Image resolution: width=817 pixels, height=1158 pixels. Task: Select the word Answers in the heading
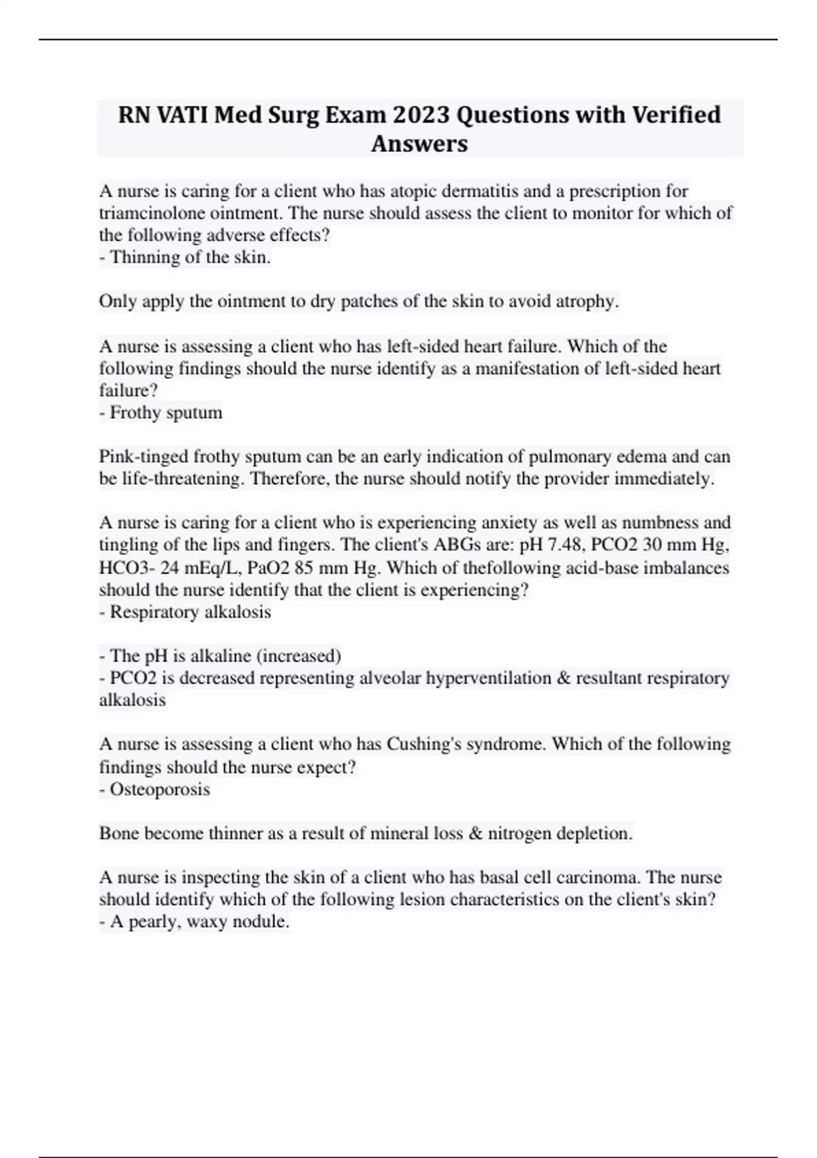(x=419, y=144)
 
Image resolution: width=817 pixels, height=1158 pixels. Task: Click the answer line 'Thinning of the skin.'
(x=185, y=257)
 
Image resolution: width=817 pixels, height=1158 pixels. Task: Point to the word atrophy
(x=586, y=301)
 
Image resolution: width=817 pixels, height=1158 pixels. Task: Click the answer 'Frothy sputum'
(x=161, y=413)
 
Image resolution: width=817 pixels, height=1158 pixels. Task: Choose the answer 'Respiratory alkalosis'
(x=185, y=612)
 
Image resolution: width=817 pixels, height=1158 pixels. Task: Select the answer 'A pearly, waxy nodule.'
(x=195, y=922)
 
